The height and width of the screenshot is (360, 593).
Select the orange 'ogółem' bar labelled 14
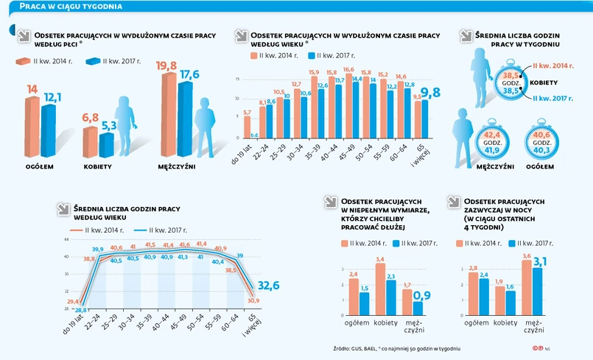coord(32,125)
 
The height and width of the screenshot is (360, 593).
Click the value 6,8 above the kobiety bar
coord(91,118)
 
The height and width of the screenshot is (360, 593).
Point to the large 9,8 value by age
coord(430,91)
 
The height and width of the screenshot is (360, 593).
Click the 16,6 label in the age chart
coord(348,69)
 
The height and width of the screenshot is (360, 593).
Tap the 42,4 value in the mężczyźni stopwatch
coord(490,135)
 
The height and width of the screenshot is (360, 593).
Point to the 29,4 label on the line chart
coord(74,302)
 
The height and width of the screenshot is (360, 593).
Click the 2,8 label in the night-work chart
coord(474,269)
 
